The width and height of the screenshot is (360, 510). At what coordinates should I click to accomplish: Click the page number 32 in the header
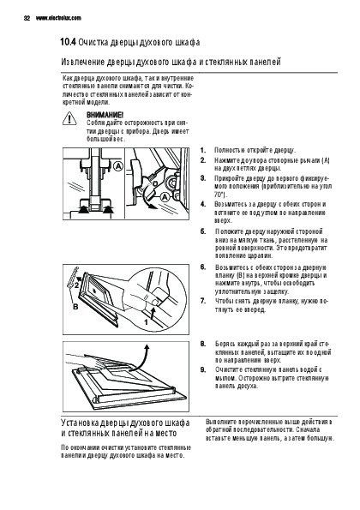[x=27, y=18]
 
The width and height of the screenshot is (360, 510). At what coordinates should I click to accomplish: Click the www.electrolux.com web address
[x=58, y=18]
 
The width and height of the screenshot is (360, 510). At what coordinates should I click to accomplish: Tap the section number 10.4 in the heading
[x=68, y=42]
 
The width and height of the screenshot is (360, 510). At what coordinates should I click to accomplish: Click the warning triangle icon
[x=69, y=118]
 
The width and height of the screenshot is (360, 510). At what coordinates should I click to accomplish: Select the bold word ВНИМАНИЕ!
[x=105, y=115]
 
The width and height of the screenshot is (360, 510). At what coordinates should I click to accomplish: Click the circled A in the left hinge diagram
[x=118, y=166]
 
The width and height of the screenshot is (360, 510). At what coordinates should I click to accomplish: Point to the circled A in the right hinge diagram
[x=165, y=197]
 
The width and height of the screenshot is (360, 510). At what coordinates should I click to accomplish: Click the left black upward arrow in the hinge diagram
[x=84, y=209]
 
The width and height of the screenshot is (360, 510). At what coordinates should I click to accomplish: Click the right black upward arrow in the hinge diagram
[x=108, y=209]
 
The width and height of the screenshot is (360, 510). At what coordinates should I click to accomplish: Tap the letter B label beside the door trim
[x=75, y=306]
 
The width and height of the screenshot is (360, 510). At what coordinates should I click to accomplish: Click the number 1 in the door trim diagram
[x=146, y=322]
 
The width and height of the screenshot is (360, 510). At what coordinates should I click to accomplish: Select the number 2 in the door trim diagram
[x=75, y=286]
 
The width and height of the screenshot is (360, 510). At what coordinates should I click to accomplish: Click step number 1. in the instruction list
[x=203, y=150]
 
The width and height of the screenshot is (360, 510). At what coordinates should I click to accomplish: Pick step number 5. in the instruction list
[x=203, y=231]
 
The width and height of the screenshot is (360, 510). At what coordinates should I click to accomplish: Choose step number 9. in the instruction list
[x=203, y=369]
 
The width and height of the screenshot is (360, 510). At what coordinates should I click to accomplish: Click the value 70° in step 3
[x=219, y=195]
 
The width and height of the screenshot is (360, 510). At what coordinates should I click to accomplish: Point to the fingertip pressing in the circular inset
[x=154, y=303]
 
